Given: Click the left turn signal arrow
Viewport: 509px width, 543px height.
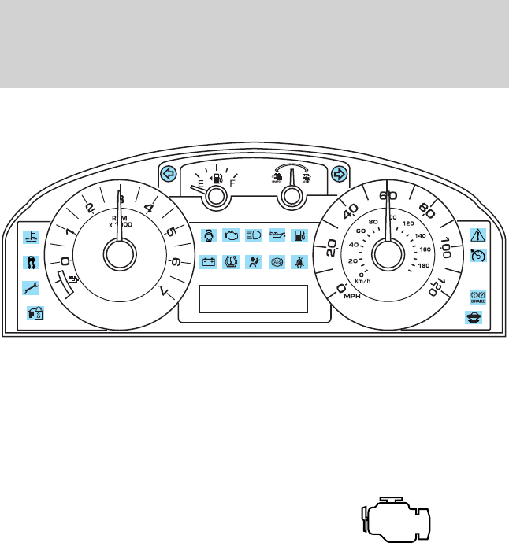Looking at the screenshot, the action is (167, 174).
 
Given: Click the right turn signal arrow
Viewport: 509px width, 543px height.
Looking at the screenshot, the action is (340, 174).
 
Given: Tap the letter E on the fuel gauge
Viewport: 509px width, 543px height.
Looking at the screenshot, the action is (200, 185).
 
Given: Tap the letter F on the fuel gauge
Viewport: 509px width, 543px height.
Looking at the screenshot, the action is (232, 185).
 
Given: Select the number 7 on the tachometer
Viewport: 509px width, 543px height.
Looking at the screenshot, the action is (163, 292).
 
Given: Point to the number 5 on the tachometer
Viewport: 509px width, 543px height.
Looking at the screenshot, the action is (169, 232).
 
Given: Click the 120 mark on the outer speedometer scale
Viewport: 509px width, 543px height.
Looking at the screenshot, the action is (433, 288).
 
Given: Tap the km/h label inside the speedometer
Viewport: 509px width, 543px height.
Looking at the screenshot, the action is (362, 279).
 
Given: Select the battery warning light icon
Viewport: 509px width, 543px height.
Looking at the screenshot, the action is (209, 262).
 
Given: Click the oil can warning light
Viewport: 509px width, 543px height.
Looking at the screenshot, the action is (277, 235).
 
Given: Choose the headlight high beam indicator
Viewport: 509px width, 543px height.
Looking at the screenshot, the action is (254, 235).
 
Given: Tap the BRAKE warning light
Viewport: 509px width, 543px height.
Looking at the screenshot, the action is (478, 296).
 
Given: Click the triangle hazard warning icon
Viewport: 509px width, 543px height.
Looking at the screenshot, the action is (478, 235).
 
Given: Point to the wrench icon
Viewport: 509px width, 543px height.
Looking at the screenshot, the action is (29, 288).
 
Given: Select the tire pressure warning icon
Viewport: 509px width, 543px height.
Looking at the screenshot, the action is (232, 262).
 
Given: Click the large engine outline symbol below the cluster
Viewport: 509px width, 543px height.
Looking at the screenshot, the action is (396, 519).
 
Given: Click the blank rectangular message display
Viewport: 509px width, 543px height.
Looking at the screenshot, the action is (254, 299).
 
